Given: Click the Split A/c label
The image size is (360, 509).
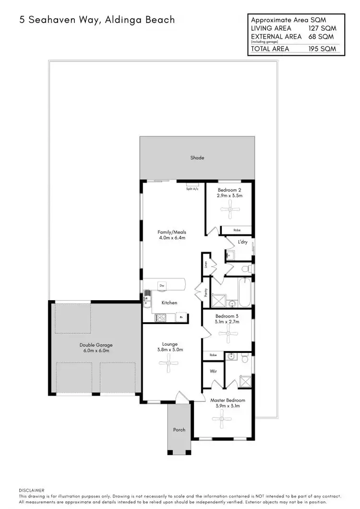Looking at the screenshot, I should point(192,189).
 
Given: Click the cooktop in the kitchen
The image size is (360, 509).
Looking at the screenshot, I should point(160,317).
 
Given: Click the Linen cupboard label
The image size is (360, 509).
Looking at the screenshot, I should point(206,264).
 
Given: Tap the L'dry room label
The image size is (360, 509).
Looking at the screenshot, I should point(242,242).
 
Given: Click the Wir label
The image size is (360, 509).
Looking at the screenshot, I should point(213,371).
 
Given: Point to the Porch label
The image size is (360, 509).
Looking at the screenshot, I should point(179,429).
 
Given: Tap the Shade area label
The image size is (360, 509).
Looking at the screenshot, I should point(197,158).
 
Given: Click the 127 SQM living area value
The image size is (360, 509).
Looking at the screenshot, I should point(323,28).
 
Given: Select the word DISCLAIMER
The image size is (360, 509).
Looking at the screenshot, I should point(31,490).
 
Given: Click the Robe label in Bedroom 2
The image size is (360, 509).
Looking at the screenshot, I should point(237,230).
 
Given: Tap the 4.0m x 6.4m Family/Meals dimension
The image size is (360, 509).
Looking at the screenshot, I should point(171,238).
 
